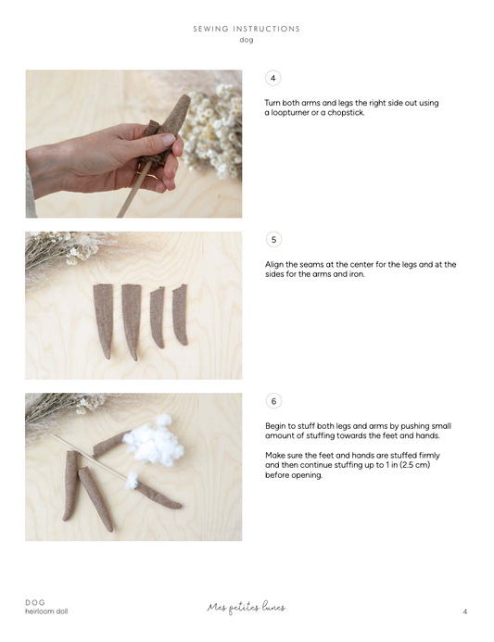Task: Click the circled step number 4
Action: point(272,78)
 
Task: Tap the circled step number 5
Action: point(273,240)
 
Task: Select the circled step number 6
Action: point(273,401)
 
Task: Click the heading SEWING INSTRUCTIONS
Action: point(247,29)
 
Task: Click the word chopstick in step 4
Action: point(346,113)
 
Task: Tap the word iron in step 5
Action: point(357,274)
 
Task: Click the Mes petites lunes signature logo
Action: point(247,607)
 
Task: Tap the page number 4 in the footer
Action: point(465,611)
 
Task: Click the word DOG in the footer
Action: point(35,602)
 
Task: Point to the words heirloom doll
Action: point(46,611)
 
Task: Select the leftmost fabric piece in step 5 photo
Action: point(104,321)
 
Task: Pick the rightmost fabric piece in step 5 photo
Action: point(180,314)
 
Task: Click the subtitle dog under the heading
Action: point(247,40)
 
